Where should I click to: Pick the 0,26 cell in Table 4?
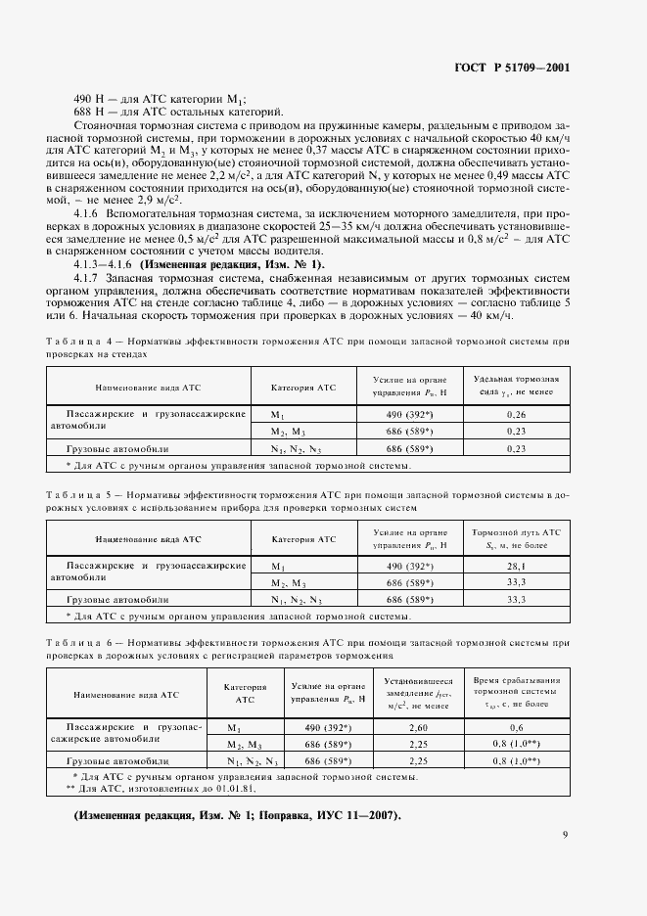[517, 415]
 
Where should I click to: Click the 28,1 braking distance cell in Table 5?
[517, 566]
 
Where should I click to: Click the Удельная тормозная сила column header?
[517, 386]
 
